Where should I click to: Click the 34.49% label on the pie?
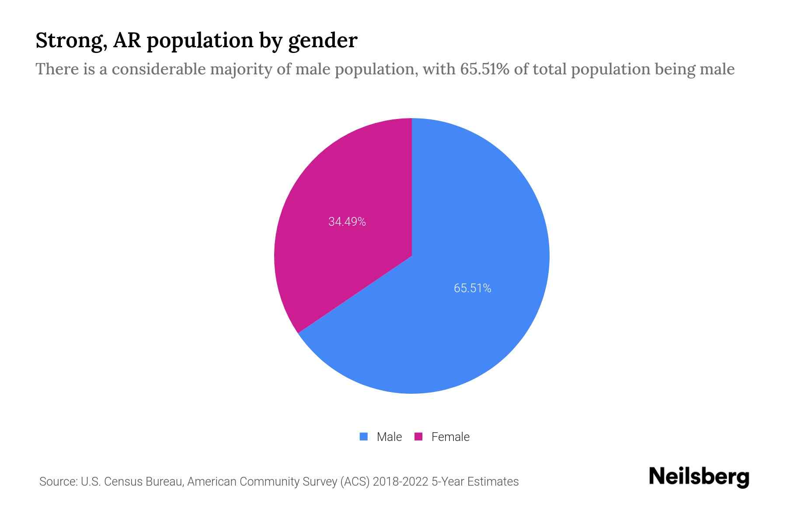pos(347,222)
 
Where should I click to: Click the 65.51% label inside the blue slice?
pos(472,288)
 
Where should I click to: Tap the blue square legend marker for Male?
pos(363,437)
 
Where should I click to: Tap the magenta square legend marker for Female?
pos(418,437)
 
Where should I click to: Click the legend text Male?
pos(389,437)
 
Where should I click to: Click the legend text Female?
pos(450,437)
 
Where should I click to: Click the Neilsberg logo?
pos(699,477)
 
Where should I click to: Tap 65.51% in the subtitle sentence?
pos(484,69)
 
